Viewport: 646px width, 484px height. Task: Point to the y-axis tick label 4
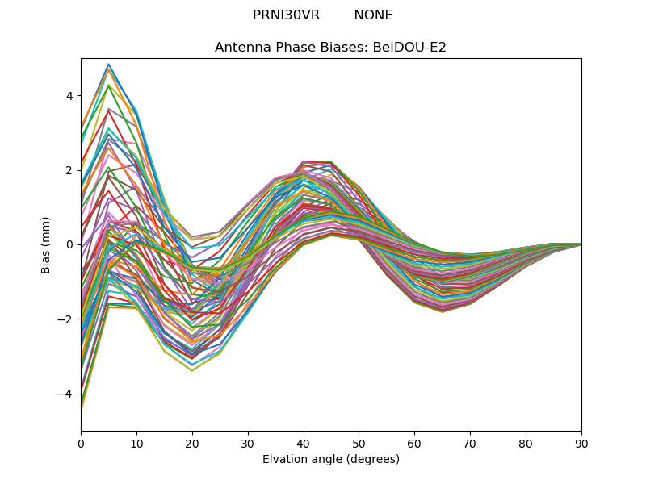[69, 96]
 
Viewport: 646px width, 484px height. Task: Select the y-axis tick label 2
[69, 170]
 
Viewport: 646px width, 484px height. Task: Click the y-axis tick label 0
[69, 244]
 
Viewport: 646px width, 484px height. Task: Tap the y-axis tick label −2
[66, 319]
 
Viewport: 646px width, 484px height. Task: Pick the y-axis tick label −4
[66, 394]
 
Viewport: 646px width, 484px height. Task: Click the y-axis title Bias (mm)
[47, 244]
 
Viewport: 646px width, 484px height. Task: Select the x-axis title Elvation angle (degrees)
[331, 459]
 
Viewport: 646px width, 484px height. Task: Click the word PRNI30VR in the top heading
[286, 15]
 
